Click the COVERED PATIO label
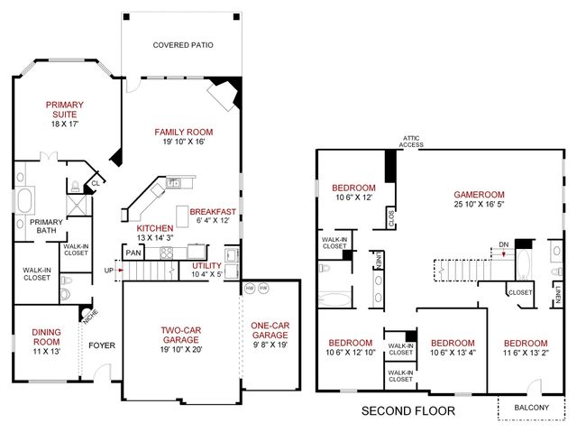click(183, 44)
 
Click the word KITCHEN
click(155, 229)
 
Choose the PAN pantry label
click(133, 253)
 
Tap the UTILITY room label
click(207, 265)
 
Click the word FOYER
click(98, 345)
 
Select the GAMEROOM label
click(479, 194)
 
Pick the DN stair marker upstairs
click(503, 243)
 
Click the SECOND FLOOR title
click(408, 411)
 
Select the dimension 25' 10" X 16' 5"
click(479, 205)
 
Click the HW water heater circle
click(250, 288)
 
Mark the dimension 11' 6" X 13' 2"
click(525, 354)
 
